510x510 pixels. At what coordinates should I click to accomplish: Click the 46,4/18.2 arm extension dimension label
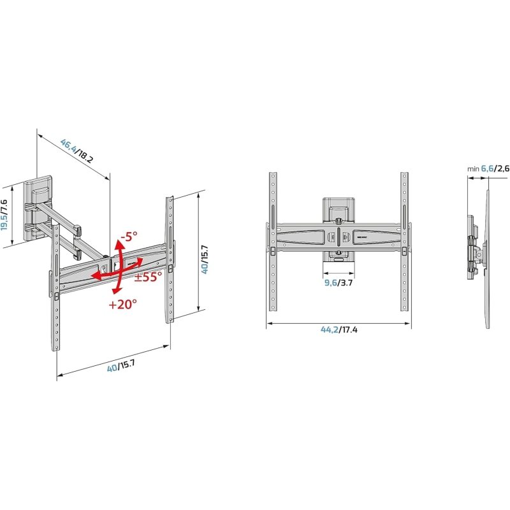click(77, 151)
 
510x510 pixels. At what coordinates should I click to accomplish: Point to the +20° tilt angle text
click(122, 304)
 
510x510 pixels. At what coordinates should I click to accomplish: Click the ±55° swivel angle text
click(148, 276)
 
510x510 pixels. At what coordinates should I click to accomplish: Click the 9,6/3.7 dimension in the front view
click(339, 283)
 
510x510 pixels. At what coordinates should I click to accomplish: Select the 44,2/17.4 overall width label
click(339, 330)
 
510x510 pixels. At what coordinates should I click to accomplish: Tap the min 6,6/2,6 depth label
click(488, 168)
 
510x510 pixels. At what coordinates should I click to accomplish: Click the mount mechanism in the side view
click(475, 249)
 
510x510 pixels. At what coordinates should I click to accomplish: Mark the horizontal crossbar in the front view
click(339, 236)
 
